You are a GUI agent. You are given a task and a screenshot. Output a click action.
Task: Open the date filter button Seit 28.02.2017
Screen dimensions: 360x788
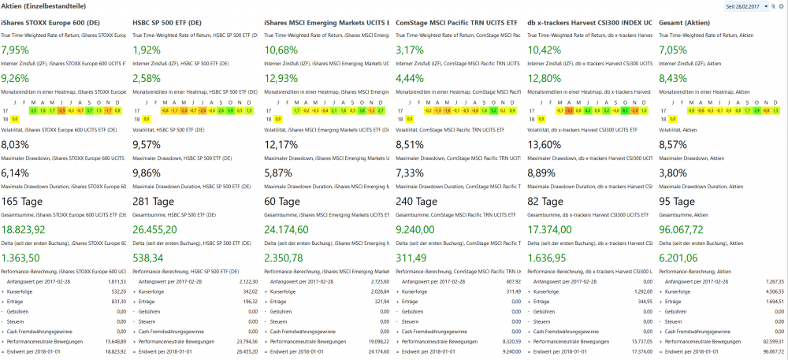pos(747,6)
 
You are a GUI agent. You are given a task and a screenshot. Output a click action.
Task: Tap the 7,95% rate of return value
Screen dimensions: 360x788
pos(15,50)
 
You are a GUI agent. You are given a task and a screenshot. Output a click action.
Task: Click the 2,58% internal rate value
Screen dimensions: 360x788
pos(147,78)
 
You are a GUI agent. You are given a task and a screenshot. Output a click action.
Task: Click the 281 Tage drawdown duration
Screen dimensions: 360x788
pos(154,201)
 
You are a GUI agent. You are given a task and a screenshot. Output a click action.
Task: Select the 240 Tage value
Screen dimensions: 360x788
pos(416,201)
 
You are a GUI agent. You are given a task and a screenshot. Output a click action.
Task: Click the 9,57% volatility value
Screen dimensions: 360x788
pos(147,144)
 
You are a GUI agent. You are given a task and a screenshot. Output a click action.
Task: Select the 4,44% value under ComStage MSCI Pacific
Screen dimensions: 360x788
pos(410,78)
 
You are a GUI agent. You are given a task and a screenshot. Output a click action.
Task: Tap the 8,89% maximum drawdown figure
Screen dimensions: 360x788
pos(541,173)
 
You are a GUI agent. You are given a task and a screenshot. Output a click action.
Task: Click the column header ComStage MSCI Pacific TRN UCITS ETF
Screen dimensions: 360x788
pos(456,24)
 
